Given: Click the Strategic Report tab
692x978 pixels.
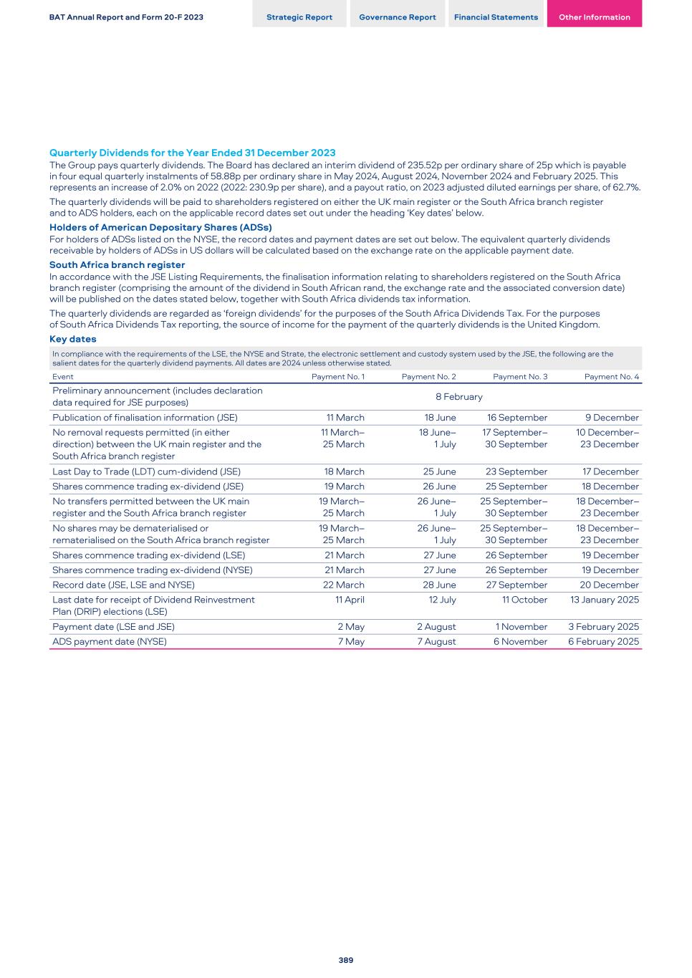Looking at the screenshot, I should point(299,17).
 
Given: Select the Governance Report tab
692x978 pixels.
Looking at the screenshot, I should point(397,17).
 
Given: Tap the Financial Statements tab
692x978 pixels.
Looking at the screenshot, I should point(496,17).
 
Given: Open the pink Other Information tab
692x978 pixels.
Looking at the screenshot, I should point(594,17).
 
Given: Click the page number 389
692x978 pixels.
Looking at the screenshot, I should point(346,960).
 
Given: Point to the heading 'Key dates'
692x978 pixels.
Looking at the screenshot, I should point(72,339).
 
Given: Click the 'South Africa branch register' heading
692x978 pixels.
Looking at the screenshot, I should point(117,265).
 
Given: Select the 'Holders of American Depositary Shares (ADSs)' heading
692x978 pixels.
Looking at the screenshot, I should point(160,228).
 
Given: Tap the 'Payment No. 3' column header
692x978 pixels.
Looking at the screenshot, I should point(520,377).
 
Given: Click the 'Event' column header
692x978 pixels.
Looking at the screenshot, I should point(63,377).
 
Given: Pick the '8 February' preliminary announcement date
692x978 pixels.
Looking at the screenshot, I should point(458,397).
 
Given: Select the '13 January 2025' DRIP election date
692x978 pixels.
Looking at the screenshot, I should point(604,600).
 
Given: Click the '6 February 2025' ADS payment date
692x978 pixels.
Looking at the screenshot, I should point(603,642).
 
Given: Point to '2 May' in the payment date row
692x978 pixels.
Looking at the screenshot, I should point(351,627).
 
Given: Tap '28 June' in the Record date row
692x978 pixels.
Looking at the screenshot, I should point(439,585).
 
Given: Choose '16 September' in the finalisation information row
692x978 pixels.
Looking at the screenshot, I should point(517,418).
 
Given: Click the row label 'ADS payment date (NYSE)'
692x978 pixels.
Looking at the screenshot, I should point(110,642).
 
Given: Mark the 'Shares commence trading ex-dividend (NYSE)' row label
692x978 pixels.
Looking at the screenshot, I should point(152,570).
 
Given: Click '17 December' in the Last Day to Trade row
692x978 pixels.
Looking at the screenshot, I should point(610,471).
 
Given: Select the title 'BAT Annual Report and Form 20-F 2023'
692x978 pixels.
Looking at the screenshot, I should point(126,17).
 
